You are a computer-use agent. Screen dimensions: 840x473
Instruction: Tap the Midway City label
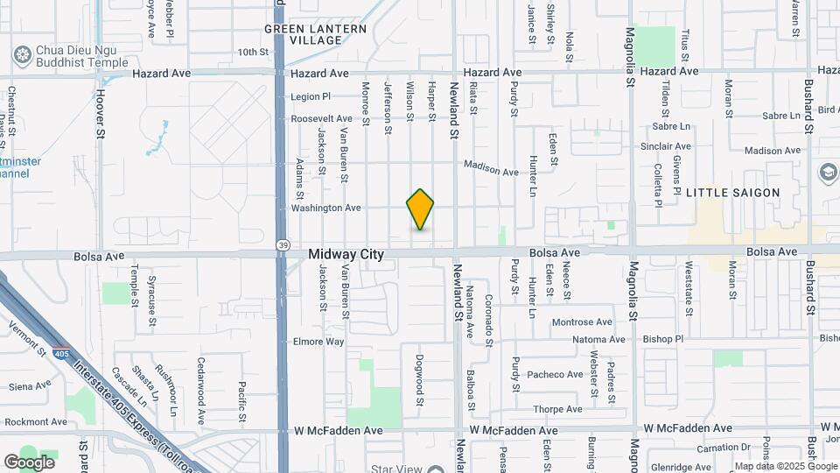[346, 254]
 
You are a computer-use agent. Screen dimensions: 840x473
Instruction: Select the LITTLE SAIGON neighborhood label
[732, 193]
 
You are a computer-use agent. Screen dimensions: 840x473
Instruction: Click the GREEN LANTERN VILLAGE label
[310, 34]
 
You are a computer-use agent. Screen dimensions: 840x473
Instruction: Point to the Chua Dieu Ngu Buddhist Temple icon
[23, 55]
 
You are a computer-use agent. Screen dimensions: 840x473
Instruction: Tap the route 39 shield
[282, 244]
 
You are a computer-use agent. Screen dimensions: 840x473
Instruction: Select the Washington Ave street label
[325, 208]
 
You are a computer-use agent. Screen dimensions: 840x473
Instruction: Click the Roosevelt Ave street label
[320, 118]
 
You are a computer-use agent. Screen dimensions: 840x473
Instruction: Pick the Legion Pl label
[311, 96]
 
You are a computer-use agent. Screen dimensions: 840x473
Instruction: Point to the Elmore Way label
[318, 342]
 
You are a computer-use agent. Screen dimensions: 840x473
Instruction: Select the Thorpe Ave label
[557, 409]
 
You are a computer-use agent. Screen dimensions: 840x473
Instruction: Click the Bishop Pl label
[661, 339]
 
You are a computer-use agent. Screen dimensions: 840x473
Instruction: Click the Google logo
[29, 462]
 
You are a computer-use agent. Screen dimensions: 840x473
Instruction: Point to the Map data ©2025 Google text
[785, 466]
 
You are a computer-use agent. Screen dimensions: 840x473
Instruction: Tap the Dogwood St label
[420, 379]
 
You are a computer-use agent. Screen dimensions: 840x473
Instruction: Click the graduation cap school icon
[828, 173]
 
